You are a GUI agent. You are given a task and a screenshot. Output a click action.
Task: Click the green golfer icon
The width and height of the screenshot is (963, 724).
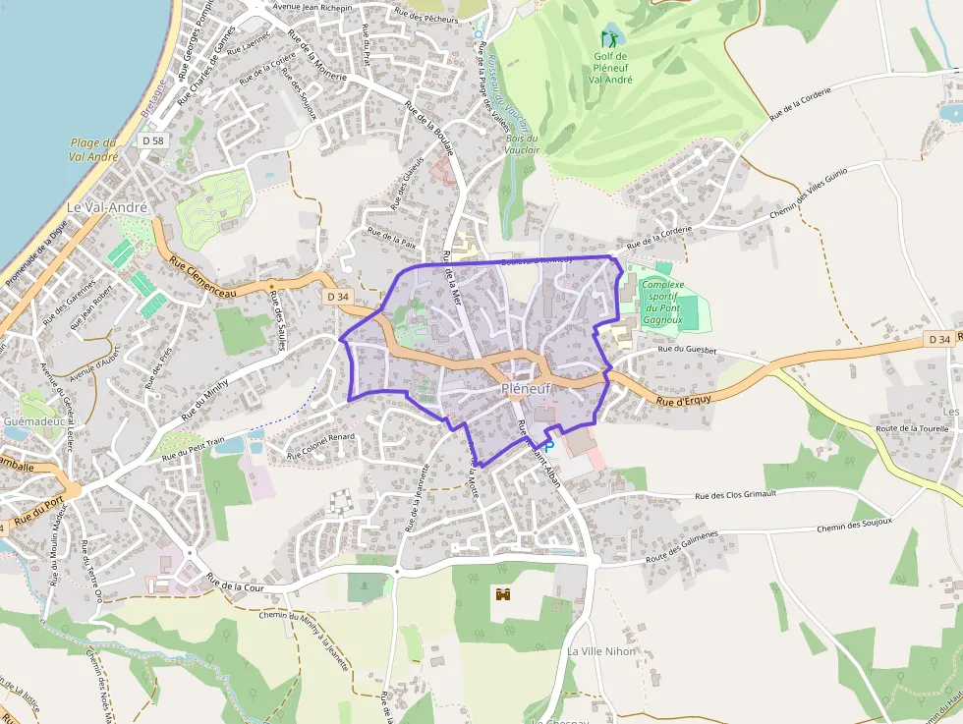(x=610, y=39)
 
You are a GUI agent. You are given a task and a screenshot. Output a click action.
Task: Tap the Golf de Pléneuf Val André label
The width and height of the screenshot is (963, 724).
(x=610, y=67)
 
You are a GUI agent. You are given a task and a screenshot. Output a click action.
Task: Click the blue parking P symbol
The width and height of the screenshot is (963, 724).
(x=549, y=446)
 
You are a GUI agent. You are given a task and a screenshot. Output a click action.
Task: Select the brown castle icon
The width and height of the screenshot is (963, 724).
(x=504, y=595)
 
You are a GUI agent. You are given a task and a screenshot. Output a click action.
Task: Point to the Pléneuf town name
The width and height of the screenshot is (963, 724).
(x=527, y=389)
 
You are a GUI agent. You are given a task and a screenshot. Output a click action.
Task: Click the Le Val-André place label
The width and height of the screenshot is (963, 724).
(x=107, y=208)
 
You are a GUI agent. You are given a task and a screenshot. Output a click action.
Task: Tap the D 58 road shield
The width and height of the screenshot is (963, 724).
(x=152, y=141)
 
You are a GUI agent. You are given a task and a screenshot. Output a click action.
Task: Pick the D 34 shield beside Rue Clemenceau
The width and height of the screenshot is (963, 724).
(x=336, y=297)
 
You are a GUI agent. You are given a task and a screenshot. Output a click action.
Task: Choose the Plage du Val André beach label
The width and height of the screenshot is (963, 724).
(x=95, y=149)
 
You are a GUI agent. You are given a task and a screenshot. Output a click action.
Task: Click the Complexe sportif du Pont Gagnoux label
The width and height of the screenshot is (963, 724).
(x=661, y=302)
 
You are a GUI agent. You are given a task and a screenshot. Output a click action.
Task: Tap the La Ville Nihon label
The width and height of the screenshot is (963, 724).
(x=601, y=651)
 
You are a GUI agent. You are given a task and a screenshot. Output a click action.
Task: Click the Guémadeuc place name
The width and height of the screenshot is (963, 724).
(x=33, y=421)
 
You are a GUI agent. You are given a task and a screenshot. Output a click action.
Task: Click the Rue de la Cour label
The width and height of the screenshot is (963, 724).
(x=237, y=586)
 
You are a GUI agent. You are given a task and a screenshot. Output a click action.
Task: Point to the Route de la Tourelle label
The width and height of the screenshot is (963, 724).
(x=911, y=428)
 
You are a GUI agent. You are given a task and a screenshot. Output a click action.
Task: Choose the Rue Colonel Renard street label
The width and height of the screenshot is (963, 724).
(x=320, y=447)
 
